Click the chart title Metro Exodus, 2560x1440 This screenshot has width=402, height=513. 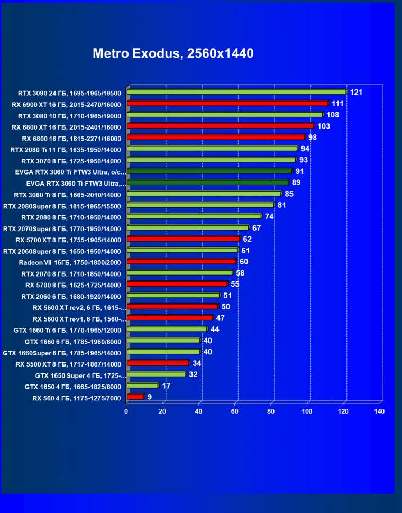[173, 53]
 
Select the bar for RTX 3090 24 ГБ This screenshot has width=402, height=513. [236, 92]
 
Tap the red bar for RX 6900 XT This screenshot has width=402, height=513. [227, 103]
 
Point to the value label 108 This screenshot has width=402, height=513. [333, 115]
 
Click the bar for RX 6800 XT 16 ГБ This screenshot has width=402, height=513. [221, 126]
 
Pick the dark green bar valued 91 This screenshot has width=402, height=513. [209, 171]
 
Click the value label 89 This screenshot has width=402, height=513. [296, 182]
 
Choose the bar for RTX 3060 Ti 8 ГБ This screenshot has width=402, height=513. [204, 194]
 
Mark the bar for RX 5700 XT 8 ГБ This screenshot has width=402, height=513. [183, 239]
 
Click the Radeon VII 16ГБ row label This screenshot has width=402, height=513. [70, 262]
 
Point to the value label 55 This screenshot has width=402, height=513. [235, 284]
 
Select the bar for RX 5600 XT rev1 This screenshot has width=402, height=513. [169, 318]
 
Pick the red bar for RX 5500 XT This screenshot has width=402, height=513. [158, 363]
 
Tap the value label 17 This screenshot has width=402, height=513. [166, 386]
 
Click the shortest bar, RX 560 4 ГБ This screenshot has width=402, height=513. [135, 397]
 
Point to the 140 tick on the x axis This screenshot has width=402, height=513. [379, 411]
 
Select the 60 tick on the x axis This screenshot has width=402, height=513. [235, 411]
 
